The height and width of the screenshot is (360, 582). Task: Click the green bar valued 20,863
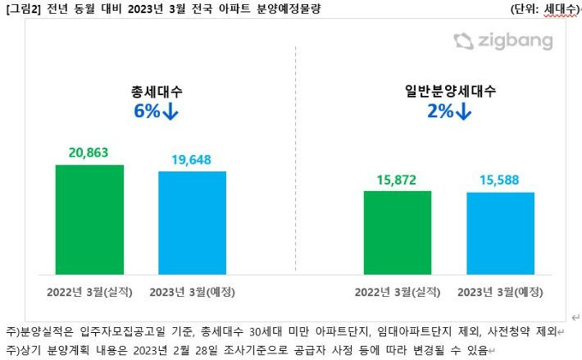(89, 219)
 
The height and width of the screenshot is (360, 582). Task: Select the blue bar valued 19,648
(192, 222)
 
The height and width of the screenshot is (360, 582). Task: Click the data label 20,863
(89, 153)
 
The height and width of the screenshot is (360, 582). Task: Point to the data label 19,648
(193, 159)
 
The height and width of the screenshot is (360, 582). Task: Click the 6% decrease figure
(156, 112)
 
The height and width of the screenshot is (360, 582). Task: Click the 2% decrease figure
(449, 112)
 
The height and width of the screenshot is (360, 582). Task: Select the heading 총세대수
(155, 90)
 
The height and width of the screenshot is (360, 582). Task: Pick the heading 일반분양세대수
(449, 90)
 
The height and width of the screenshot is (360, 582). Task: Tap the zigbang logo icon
(464, 41)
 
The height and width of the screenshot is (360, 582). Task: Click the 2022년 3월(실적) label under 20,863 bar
(89, 291)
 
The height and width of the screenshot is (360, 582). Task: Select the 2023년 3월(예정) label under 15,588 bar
(500, 291)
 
